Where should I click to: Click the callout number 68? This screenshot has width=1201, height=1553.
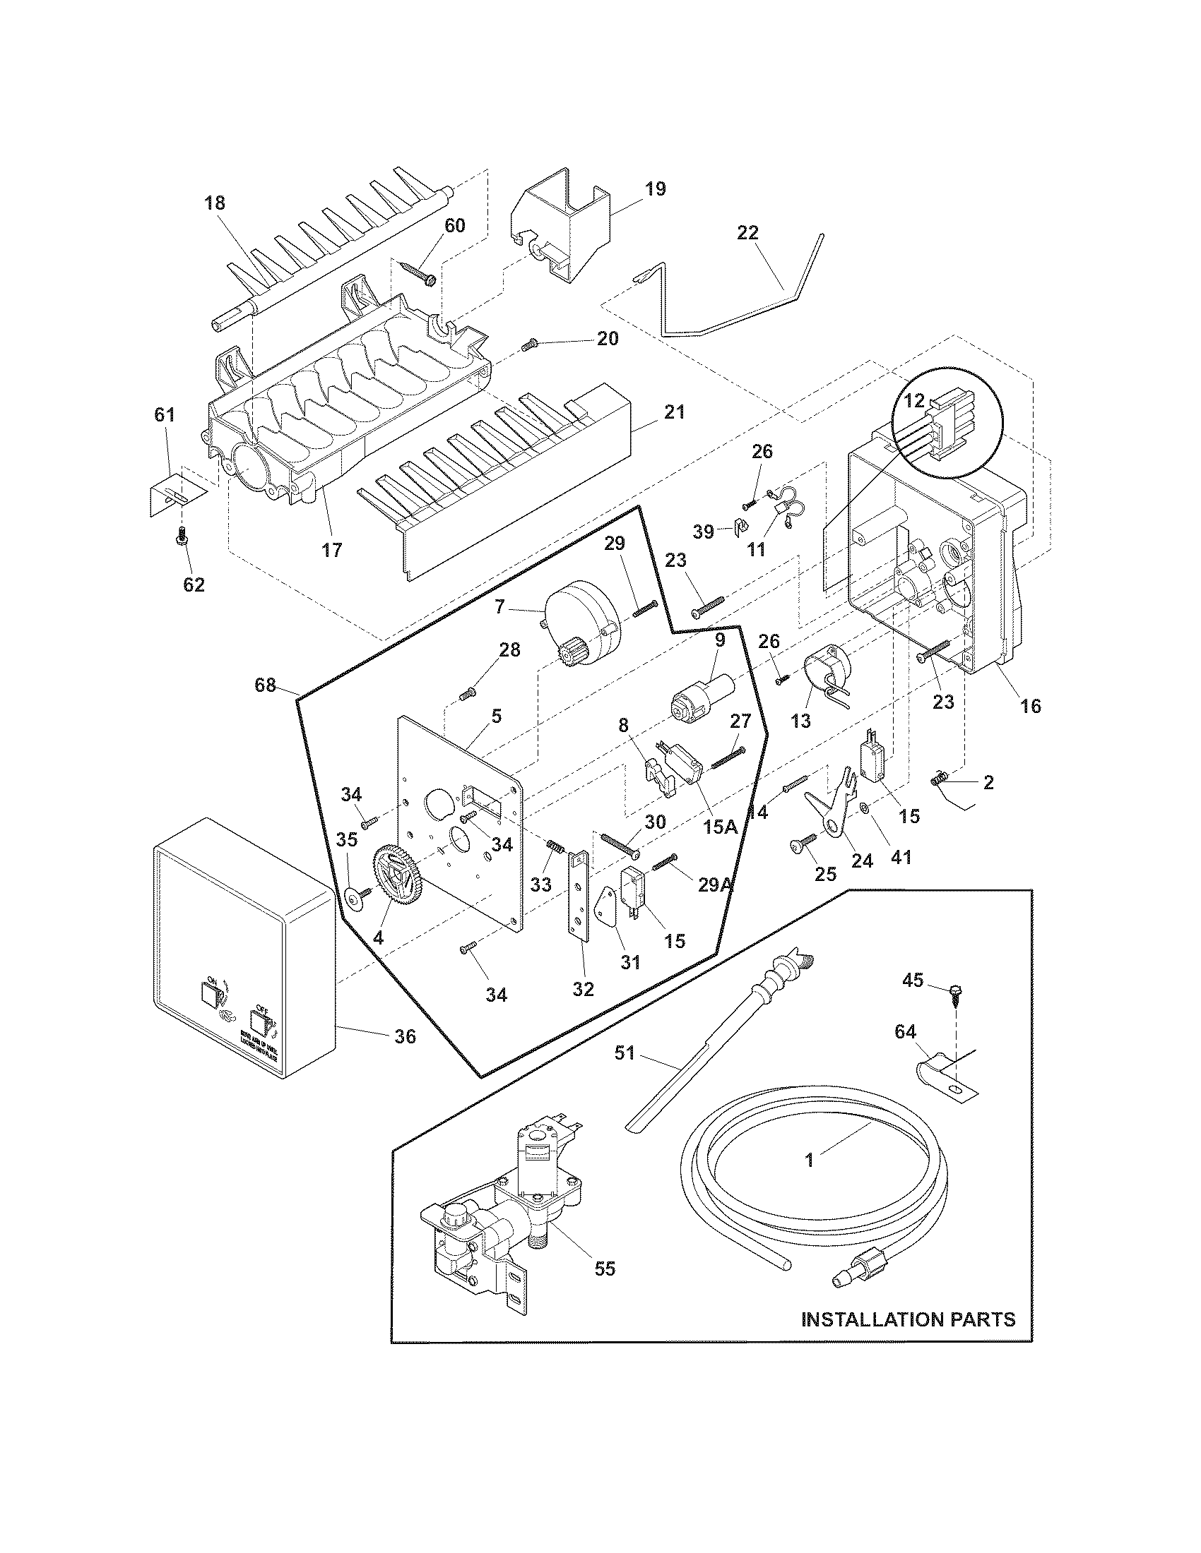point(266,687)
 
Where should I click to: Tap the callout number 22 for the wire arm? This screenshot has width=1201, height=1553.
point(747,232)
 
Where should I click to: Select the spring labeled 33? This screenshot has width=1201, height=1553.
point(555,849)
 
